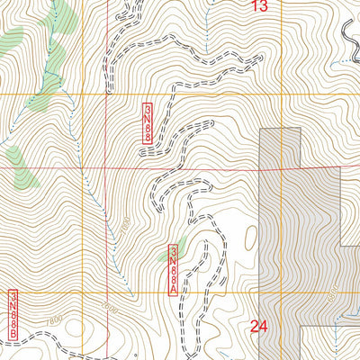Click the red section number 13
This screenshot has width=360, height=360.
point(259,7)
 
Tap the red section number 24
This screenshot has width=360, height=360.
point(260,327)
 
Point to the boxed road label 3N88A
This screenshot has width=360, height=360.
point(173,266)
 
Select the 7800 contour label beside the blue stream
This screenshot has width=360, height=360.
point(125,224)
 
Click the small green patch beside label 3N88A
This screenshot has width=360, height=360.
point(179,244)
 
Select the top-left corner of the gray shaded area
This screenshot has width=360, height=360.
point(260,129)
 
